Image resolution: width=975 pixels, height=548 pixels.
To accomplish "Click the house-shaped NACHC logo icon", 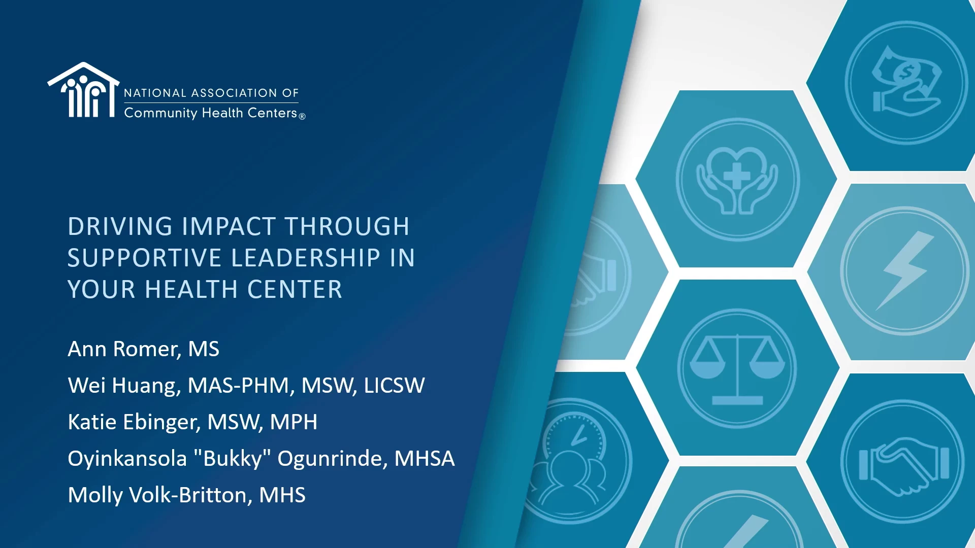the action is pyautogui.click(x=84, y=90).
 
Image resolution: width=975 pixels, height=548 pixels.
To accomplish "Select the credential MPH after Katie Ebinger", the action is pyautogui.click(x=294, y=422).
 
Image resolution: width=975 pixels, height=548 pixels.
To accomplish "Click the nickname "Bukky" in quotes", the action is pyautogui.click(x=232, y=458).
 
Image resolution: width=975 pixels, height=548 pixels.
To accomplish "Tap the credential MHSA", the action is pyautogui.click(x=425, y=459).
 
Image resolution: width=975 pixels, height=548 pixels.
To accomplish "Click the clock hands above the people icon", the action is pyautogui.click(x=578, y=435).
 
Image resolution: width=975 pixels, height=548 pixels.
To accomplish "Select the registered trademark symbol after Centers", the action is pyautogui.click(x=302, y=116).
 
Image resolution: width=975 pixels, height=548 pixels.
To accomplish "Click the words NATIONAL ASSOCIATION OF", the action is pyautogui.click(x=211, y=93).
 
